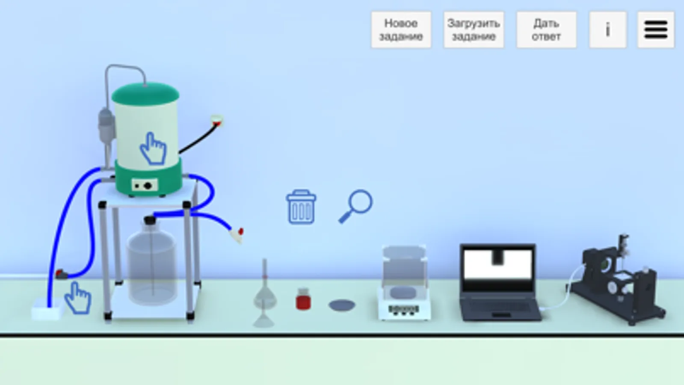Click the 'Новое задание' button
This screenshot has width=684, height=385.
coord(401,30)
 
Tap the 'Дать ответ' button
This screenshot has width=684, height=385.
coord(546,30)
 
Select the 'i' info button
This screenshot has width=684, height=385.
coord(608,30)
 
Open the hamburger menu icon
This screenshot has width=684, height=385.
coord(656,30)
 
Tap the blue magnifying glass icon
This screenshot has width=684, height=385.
coord(356,206)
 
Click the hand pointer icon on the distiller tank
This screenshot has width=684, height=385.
coord(153,149)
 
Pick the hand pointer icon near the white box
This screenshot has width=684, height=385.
coord(78,298)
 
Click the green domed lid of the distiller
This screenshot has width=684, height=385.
coord(145,93)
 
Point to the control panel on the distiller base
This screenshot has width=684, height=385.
coord(145,185)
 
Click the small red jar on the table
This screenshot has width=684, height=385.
coord(303,299)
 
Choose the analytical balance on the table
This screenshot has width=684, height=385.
coord(404,283)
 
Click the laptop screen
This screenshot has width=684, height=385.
coord(498,267)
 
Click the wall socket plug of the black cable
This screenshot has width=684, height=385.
coord(217,121)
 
